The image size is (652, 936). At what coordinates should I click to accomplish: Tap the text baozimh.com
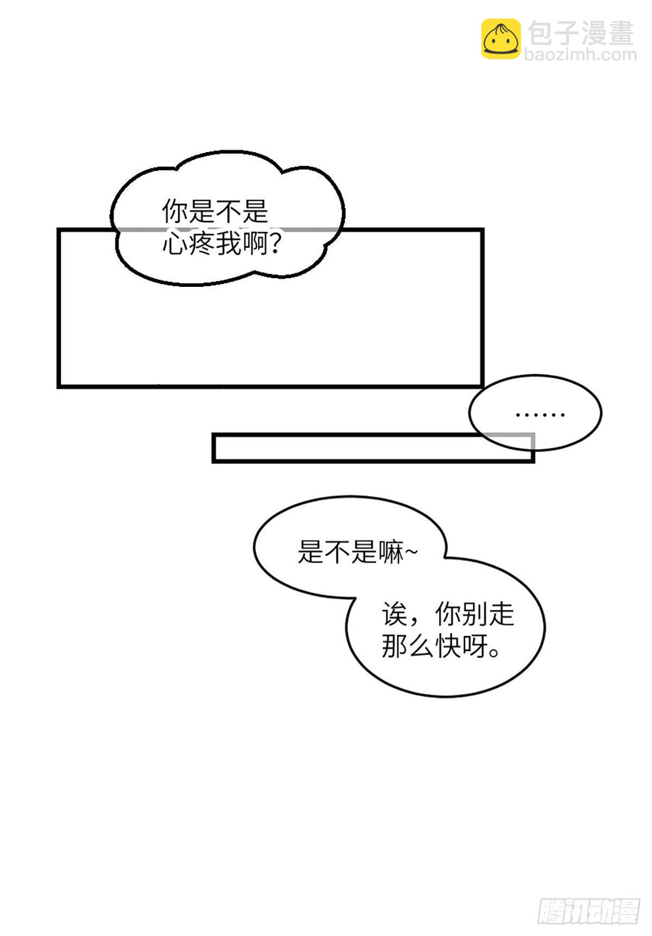coord(580,54)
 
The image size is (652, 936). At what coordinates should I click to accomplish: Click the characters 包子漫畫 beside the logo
coord(581,33)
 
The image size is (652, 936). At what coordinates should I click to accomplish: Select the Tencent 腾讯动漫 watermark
coord(588,910)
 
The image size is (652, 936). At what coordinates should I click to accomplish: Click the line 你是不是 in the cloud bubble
coord(215,211)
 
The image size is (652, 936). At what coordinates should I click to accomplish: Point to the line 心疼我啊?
coord(222,244)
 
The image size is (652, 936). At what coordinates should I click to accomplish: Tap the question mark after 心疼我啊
coord(275,244)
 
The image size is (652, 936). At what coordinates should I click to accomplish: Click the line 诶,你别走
coord(447,614)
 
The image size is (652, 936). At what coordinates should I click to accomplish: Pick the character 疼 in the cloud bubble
coord(202,244)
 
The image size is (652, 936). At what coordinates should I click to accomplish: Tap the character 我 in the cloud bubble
coord(229,244)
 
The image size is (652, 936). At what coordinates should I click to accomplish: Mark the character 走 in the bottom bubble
coord(501,614)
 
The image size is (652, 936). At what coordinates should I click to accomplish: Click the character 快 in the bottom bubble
coord(447,646)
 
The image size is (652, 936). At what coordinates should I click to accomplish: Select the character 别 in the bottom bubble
coord(474,614)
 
